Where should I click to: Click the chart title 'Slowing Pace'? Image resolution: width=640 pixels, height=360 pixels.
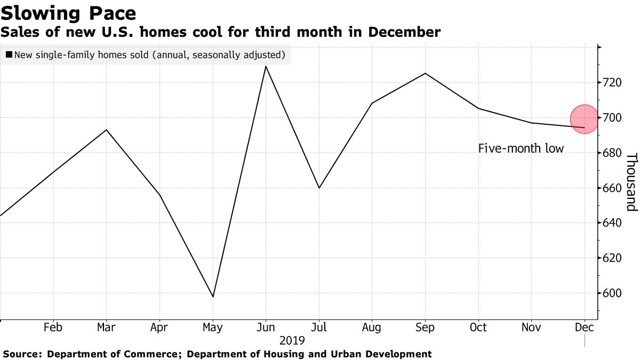click(x=68, y=13)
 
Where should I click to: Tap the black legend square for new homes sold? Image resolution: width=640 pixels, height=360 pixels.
click(x=9, y=55)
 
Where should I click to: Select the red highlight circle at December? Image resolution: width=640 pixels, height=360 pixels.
click(x=585, y=119)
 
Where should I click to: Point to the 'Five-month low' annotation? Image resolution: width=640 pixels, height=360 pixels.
click(x=521, y=149)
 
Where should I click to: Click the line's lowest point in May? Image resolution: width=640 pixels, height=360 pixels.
click(x=213, y=297)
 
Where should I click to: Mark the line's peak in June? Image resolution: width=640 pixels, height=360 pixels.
click(x=266, y=66)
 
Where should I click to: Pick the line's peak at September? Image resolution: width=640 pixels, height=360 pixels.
click(x=425, y=73)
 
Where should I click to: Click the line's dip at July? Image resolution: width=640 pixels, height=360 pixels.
click(x=319, y=188)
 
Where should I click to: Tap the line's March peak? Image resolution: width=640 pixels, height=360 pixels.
click(x=107, y=130)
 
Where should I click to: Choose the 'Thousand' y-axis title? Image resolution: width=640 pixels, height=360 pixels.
click(x=631, y=182)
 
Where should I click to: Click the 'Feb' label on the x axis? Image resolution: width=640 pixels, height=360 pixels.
click(x=53, y=327)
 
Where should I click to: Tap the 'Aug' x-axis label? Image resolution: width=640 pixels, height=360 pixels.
click(x=372, y=327)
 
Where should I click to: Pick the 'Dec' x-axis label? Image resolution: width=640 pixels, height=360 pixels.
click(x=585, y=327)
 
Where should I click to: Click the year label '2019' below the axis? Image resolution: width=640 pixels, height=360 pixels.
click(x=292, y=340)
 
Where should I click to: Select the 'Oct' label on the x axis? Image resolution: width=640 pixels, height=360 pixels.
click(x=478, y=327)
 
